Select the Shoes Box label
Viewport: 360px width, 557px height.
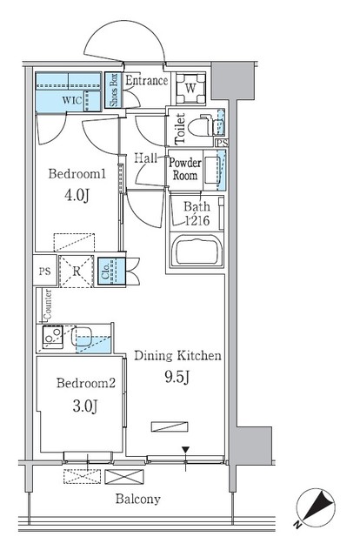[112, 89]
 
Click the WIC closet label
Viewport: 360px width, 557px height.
[72, 100]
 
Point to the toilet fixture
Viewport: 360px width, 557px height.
[202, 125]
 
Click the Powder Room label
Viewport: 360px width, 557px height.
[184, 168]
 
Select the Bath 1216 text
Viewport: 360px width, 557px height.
[197, 214]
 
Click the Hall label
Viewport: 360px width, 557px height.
[145, 158]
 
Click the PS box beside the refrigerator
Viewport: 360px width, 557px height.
[45, 271]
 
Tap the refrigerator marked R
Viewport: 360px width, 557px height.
[76, 271]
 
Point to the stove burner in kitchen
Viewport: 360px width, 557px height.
[50, 335]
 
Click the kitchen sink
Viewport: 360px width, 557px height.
[88, 337]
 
